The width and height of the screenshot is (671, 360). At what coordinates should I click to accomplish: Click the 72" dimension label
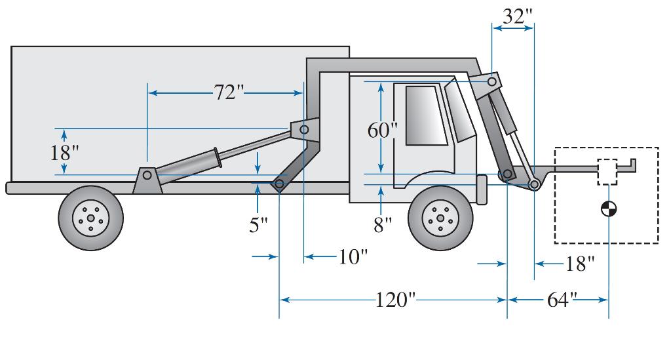tap(228, 92)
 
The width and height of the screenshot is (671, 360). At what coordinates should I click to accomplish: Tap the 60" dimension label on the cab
tap(382, 130)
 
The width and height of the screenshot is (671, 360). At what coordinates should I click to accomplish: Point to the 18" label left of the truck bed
tap(64, 153)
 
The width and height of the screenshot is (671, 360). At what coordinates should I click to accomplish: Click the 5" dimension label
tap(259, 225)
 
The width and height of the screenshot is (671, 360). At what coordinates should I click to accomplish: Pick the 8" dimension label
tap(382, 225)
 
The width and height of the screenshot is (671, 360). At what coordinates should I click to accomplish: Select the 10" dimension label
tap(351, 256)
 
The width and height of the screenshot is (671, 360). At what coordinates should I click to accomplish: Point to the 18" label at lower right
tap(579, 264)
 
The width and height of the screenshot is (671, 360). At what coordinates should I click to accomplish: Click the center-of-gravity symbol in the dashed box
tap(609, 209)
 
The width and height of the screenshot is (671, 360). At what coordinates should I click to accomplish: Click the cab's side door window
tap(425, 115)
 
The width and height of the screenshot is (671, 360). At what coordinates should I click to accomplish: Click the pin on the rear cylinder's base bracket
tap(147, 175)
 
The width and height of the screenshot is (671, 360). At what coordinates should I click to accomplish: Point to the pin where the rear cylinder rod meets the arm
tap(304, 130)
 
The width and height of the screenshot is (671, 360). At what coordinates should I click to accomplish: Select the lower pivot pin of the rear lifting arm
tap(280, 184)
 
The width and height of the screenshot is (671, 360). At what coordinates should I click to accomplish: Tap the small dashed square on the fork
tap(607, 172)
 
